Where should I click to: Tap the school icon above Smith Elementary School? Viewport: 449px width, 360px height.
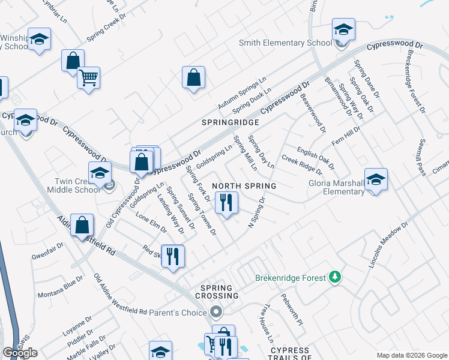343,29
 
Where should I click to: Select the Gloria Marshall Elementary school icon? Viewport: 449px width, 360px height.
376,179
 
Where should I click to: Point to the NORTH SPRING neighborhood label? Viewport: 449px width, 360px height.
244,186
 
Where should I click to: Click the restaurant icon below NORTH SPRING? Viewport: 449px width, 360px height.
226,202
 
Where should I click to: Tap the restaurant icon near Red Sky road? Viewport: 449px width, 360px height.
172,256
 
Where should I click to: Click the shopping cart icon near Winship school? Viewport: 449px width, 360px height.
88,77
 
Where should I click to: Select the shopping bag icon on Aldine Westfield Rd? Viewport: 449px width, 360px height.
83,226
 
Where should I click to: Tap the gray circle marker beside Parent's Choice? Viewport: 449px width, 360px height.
217,312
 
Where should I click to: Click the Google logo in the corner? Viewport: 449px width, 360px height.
20,353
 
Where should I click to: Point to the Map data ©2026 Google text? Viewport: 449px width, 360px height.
412,355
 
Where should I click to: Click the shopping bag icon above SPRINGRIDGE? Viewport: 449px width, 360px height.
194,77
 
